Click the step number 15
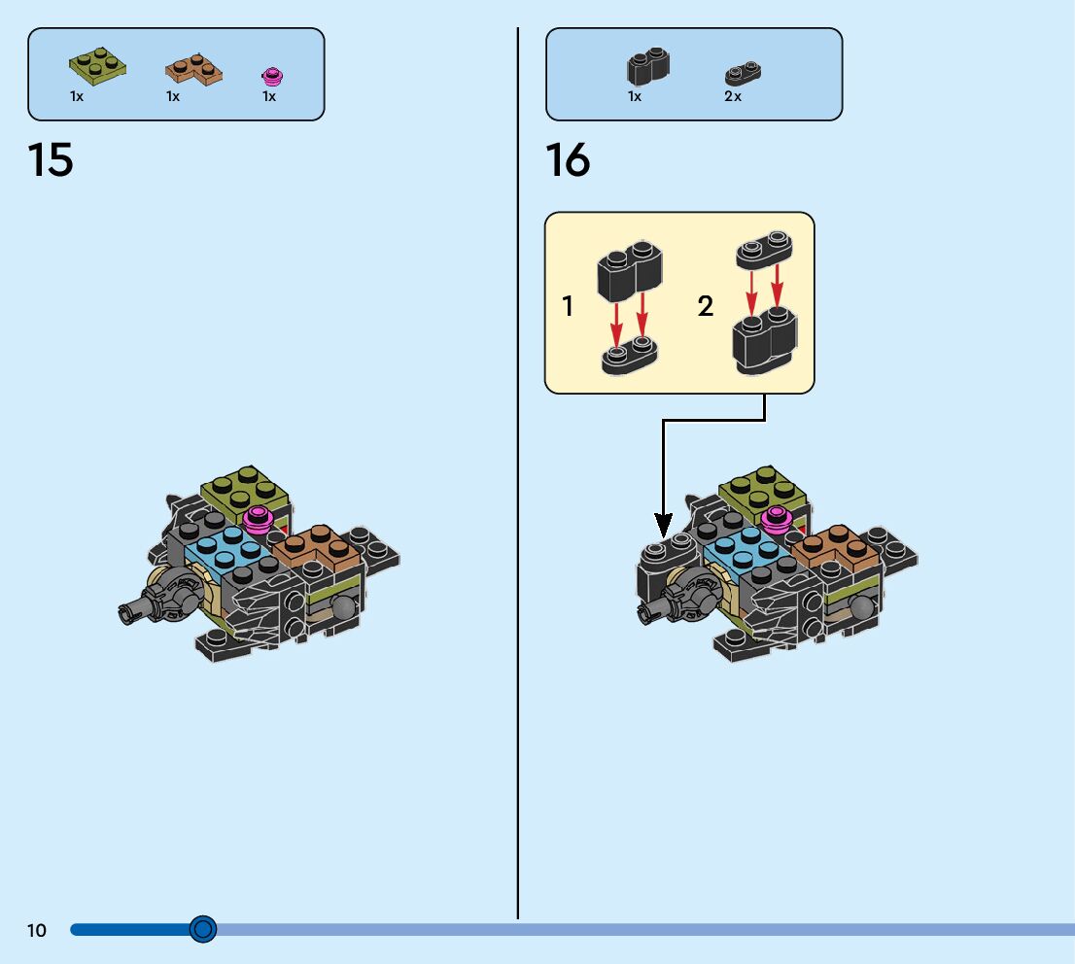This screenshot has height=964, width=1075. [x=51, y=160]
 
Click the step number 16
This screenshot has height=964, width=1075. [x=568, y=160]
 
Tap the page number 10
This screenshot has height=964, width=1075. [x=37, y=931]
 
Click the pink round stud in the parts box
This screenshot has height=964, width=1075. [x=271, y=75]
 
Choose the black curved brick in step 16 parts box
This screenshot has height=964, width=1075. [x=647, y=66]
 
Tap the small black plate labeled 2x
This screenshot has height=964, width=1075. [x=743, y=73]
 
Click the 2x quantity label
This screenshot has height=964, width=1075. [x=733, y=96]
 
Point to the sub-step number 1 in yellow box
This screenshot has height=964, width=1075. [x=568, y=307]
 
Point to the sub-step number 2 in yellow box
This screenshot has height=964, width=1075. [x=706, y=307]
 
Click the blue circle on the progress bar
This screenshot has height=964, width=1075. [x=202, y=930]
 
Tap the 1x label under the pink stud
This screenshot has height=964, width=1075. [x=269, y=96]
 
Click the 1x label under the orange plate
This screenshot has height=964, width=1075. [x=173, y=96]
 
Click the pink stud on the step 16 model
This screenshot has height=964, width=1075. [x=776, y=518]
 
